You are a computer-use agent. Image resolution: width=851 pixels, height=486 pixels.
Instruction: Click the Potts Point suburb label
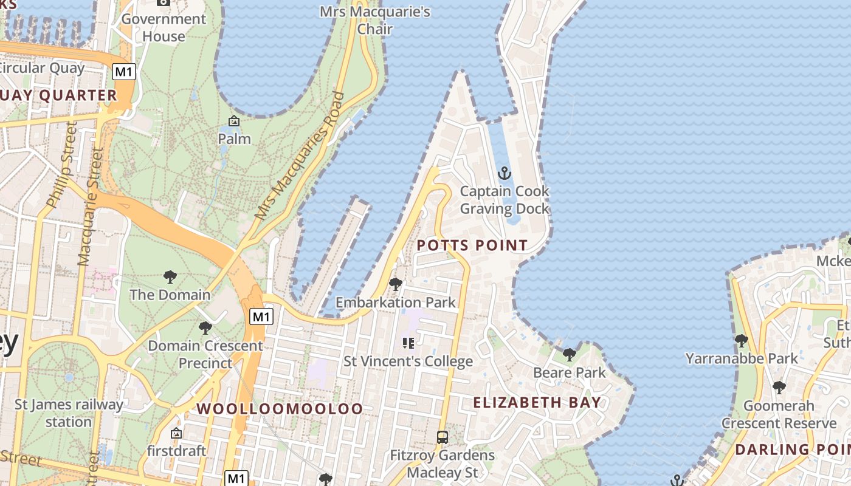point(472,245)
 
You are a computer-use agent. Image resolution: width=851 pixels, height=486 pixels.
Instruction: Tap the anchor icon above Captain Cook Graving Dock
point(505,174)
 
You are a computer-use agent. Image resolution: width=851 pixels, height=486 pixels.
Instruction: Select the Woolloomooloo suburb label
point(280,409)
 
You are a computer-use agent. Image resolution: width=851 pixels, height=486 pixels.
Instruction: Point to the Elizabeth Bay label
point(537,402)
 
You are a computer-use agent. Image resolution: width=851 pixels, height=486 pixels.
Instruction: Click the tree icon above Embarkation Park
point(396,284)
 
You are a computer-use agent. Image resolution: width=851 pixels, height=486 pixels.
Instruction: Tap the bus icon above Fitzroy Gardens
point(443,437)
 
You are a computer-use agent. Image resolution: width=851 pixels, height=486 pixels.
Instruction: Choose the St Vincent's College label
point(408,361)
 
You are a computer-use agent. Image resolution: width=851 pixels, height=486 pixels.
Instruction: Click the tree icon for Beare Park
point(569,354)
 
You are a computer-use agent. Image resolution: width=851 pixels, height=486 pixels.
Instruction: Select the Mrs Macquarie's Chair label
point(375,20)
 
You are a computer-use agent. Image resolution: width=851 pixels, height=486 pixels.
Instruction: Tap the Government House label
point(164,27)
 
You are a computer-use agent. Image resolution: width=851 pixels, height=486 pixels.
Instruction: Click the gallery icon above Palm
point(234,121)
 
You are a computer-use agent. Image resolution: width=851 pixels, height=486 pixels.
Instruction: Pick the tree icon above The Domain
point(170,277)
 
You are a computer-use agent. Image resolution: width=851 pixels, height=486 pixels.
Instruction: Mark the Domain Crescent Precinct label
point(205,354)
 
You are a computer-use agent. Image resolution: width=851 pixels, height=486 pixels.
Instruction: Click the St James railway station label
point(69,413)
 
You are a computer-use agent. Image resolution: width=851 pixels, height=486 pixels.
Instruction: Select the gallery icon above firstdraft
point(176,433)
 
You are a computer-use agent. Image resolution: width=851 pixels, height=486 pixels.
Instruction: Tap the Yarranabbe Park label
point(742,358)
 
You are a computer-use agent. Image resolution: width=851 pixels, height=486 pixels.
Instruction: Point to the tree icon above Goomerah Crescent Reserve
point(779,387)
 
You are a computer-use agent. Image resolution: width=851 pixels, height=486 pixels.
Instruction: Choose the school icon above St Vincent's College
point(408,343)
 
